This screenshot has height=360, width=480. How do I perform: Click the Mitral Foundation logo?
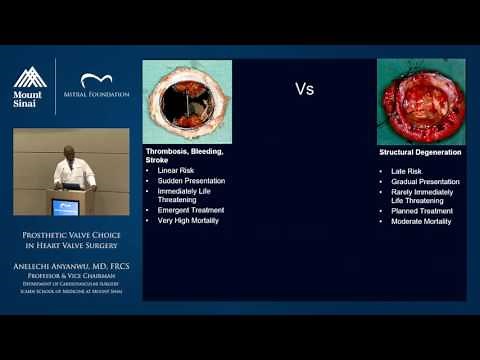pyautogui.click(x=104, y=87)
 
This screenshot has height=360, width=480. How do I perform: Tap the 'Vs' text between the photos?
pyautogui.click(x=304, y=89)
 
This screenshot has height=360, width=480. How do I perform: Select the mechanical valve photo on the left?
pyautogui.click(x=187, y=101)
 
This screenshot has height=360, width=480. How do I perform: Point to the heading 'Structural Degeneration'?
pyautogui.click(x=420, y=152)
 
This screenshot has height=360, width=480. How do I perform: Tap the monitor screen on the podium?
pyautogui.click(x=65, y=207)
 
